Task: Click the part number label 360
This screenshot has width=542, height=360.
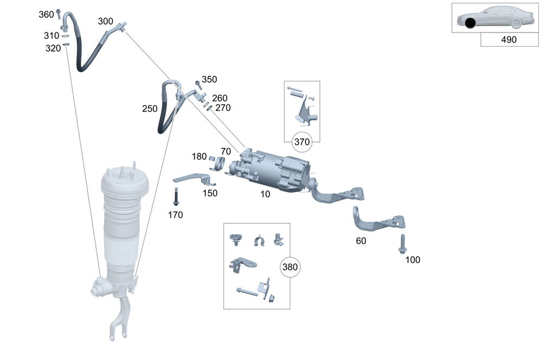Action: (46, 15)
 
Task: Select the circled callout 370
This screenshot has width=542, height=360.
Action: (302, 142)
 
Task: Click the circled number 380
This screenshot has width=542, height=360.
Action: (289, 267)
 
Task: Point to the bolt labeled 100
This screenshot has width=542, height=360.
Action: (402, 244)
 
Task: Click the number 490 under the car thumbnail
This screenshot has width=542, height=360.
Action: (509, 40)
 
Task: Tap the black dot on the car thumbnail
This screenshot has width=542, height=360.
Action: (470, 23)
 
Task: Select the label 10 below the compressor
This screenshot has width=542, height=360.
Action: (265, 194)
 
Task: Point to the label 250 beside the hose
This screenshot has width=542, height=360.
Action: (150, 109)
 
